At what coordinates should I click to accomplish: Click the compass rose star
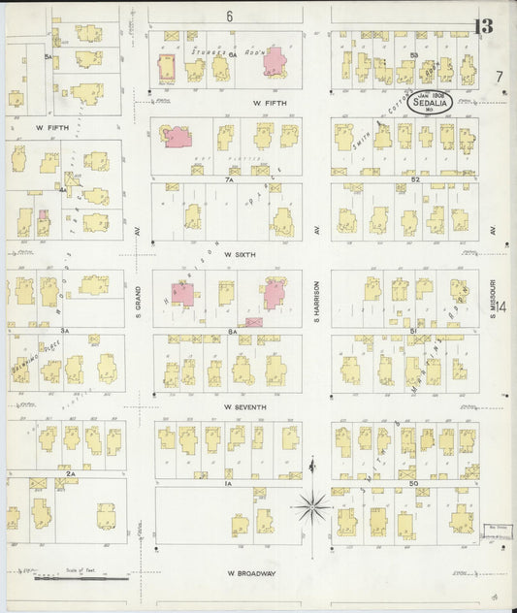[312, 503]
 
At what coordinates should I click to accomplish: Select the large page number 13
[483, 26]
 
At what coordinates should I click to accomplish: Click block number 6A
[234, 55]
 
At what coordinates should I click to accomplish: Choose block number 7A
[230, 179]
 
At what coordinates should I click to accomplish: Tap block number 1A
[229, 483]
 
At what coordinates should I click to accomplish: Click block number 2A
[71, 474]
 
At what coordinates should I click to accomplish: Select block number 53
[413, 55]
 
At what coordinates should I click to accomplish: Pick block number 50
[415, 482]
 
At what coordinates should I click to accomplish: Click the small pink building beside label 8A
[254, 321]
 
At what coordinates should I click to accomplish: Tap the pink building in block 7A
[178, 136]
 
